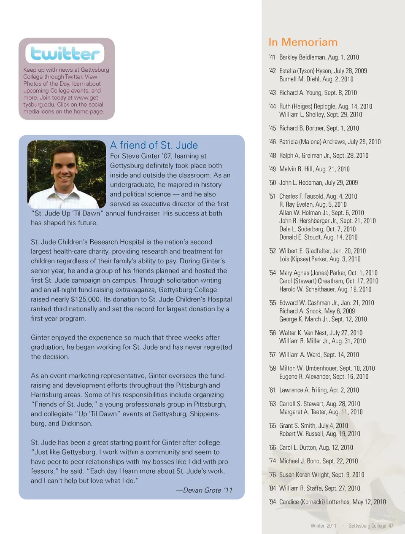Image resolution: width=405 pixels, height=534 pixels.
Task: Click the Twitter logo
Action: point(65,54)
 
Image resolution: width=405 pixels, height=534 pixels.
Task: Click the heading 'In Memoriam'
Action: point(303,42)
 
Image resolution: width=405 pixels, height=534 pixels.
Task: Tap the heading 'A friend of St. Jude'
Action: point(154,145)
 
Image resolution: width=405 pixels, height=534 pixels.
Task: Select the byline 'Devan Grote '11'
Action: point(204,490)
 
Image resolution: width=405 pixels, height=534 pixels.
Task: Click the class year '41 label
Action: point(272,57)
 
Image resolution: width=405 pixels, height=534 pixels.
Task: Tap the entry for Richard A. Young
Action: point(318,93)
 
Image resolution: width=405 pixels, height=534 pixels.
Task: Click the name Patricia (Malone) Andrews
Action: point(312,142)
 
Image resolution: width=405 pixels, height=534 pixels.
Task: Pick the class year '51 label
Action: point(272,196)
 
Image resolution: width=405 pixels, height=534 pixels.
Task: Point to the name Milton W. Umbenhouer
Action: point(308,368)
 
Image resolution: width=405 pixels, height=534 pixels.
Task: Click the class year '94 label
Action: point(272,502)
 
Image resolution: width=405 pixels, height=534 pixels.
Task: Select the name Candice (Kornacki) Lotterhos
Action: point(314,502)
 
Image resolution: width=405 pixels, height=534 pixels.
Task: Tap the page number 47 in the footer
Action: point(391,526)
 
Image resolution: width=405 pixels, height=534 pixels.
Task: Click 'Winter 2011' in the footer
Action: point(324,526)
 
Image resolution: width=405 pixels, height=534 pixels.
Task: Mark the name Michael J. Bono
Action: point(300,461)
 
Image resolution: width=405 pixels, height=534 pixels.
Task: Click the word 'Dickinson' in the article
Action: point(76,423)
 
